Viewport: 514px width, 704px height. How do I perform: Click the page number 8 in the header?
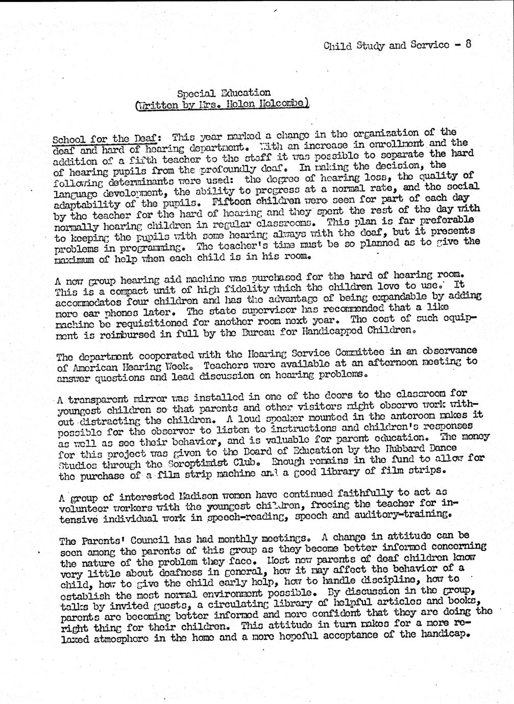[468, 44]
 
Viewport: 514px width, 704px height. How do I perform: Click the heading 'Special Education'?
[224, 93]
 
